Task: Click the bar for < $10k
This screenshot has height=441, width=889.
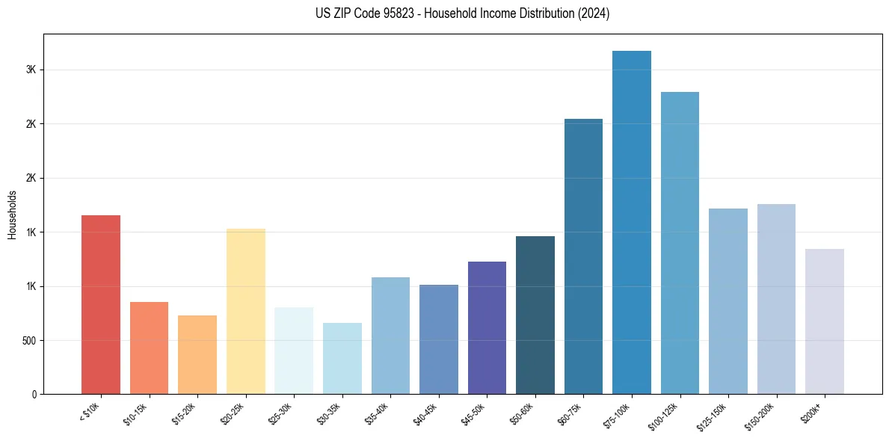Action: click(101, 305)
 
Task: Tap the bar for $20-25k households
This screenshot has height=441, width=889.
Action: click(246, 312)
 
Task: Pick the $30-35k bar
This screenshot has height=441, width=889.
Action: click(342, 359)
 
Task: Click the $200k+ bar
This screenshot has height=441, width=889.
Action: click(825, 321)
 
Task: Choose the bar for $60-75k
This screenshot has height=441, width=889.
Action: click(583, 256)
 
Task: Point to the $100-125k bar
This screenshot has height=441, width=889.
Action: click(680, 243)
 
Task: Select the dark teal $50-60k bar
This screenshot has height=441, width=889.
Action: click(535, 315)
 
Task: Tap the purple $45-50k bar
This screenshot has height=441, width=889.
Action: click(487, 328)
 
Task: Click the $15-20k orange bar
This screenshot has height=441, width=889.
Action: click(197, 355)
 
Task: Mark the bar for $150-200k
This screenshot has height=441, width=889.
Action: click(776, 299)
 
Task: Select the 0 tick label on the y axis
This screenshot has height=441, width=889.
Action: click(35, 395)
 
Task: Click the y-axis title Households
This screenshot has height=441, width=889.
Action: click(13, 215)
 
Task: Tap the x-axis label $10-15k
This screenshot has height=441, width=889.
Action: click(136, 413)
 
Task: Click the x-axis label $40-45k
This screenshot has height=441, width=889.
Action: click(426, 413)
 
